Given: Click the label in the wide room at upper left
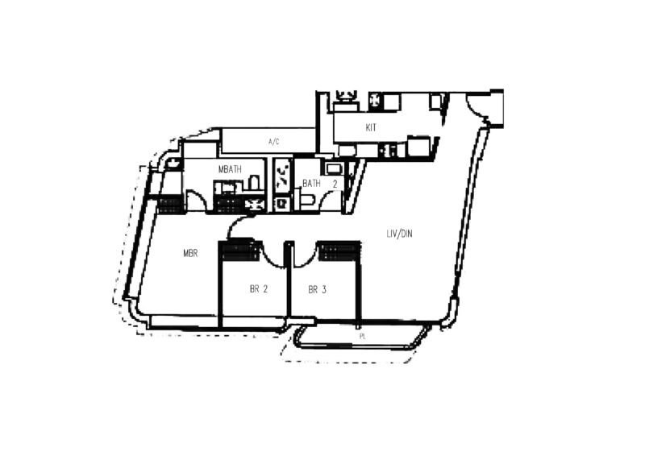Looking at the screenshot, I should point(273,143).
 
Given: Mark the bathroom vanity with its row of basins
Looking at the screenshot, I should point(234,186).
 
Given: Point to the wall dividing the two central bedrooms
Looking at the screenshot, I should point(288,290).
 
